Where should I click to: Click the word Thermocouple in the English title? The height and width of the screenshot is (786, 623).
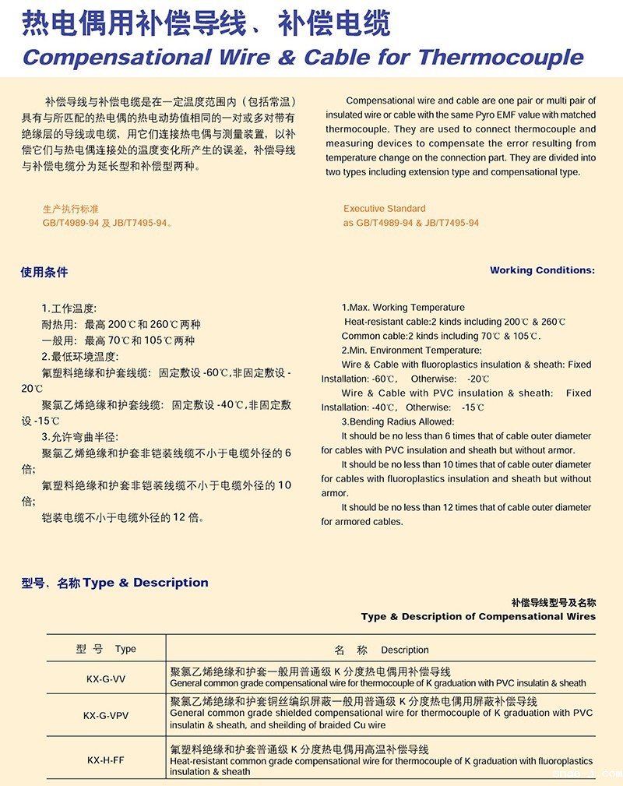[x=501, y=57]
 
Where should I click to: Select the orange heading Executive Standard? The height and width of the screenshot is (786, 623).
[x=384, y=209]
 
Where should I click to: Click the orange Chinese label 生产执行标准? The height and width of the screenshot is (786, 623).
[x=71, y=209]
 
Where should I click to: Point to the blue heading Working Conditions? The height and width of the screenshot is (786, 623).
[x=542, y=270]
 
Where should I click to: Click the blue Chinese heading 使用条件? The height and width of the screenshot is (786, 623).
[x=44, y=272]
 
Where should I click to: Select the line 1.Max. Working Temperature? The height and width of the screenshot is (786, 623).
[x=403, y=308]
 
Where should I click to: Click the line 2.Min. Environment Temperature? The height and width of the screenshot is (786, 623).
[x=411, y=351]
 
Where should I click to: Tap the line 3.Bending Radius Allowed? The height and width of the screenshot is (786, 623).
[x=397, y=421]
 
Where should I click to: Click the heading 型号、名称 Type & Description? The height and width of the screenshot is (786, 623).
[x=115, y=583]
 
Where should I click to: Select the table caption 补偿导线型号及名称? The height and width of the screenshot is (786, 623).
[x=553, y=602]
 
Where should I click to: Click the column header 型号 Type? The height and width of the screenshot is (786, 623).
[x=106, y=649]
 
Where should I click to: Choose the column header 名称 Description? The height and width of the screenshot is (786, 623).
[x=382, y=650]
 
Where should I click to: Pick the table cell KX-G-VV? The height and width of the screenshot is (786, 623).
[x=106, y=678]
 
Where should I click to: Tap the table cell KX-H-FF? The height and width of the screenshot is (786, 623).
[x=106, y=758]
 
